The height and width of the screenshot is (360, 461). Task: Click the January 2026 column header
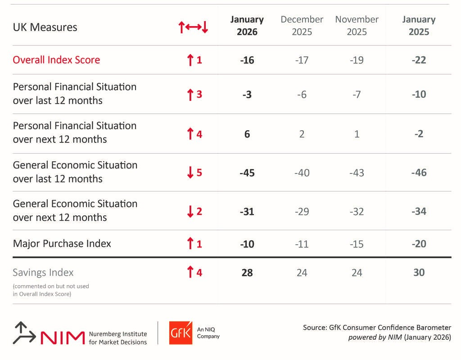247,26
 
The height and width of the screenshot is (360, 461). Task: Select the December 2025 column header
302,26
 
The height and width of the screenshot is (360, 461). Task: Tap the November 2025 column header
357,26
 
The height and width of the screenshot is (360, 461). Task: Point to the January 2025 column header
419,26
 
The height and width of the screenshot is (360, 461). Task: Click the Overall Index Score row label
56,60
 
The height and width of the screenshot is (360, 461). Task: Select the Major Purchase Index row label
62,244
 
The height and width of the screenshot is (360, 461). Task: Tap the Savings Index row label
43,273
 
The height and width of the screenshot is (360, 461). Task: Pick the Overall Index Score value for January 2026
247,60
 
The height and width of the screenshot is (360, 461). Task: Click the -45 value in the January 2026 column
247,173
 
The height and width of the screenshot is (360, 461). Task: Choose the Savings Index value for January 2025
419,273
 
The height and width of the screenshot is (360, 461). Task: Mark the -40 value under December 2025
302,173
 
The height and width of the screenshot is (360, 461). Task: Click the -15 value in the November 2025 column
357,244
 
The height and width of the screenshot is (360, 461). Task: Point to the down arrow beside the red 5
190,172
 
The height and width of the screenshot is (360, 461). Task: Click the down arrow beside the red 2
190,211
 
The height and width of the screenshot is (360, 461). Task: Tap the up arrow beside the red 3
190,95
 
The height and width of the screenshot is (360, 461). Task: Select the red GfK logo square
181,333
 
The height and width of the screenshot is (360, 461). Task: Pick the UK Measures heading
45,27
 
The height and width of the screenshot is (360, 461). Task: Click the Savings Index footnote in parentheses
51,290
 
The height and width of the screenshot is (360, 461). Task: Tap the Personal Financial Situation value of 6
247,134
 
